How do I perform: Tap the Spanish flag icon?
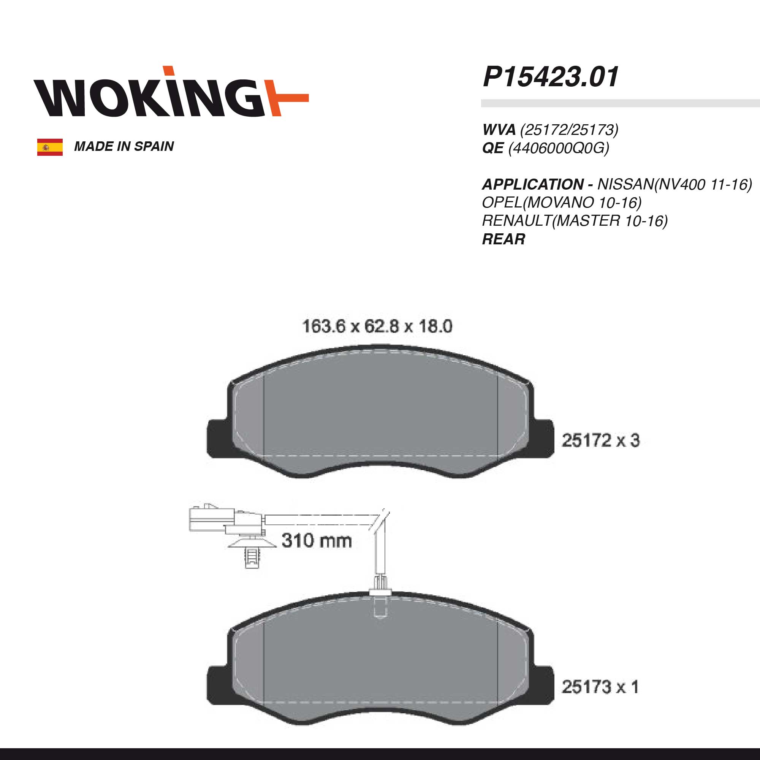[x=50, y=147]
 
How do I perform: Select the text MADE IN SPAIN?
[x=124, y=146]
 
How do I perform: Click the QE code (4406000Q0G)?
[x=559, y=148]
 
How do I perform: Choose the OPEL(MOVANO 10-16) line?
[x=562, y=203]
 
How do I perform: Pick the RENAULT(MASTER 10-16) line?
[x=575, y=221]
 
